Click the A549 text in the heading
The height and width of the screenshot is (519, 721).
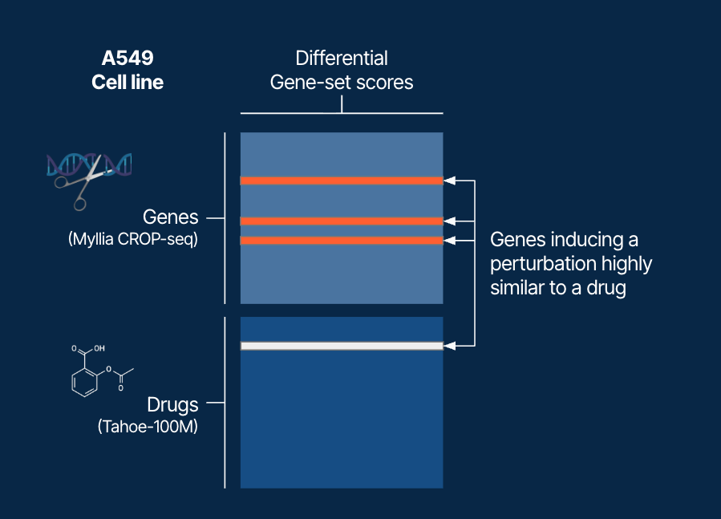tap(127, 59)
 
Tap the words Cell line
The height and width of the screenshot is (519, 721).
tap(127, 83)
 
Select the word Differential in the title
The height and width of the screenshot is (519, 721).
tap(342, 59)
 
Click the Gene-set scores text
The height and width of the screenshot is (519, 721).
tap(342, 83)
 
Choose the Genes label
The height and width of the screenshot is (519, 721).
tap(169, 217)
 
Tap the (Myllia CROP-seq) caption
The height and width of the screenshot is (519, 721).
tap(133, 239)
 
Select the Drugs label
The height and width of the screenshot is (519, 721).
tap(172, 403)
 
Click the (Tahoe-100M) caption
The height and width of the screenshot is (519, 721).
tap(148, 426)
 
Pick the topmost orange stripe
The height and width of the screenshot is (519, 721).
tap(342, 181)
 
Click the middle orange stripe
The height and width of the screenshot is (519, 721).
tap(342, 221)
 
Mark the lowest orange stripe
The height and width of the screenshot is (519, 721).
tap(342, 241)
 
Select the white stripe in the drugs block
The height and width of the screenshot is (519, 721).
tap(342, 346)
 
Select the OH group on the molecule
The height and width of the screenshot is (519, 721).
tap(99, 350)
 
